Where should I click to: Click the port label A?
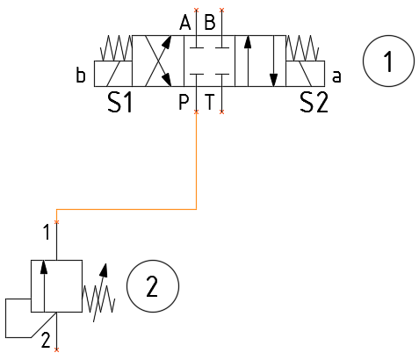tap(185, 23)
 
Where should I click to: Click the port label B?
tap(210, 23)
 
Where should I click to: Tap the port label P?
tap(184, 102)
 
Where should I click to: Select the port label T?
tap(209, 102)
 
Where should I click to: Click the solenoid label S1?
tap(120, 102)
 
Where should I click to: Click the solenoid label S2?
tap(314, 102)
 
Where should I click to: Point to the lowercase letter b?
tap(81, 75)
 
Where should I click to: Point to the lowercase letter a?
tap(336, 76)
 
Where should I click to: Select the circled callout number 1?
tap(388, 61)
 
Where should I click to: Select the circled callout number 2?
tap(153, 286)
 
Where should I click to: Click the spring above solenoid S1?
tap(116, 48)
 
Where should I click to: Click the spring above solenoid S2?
tap(302, 48)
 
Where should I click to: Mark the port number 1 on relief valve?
tap(47, 233)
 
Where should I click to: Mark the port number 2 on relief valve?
tap(46, 340)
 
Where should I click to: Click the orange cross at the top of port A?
tap(196, 11)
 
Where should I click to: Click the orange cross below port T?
tap(221, 112)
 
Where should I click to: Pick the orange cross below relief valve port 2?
tap(56, 349)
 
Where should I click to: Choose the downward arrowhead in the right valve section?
tap(273, 80)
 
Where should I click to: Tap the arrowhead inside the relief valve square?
tap(44, 267)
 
